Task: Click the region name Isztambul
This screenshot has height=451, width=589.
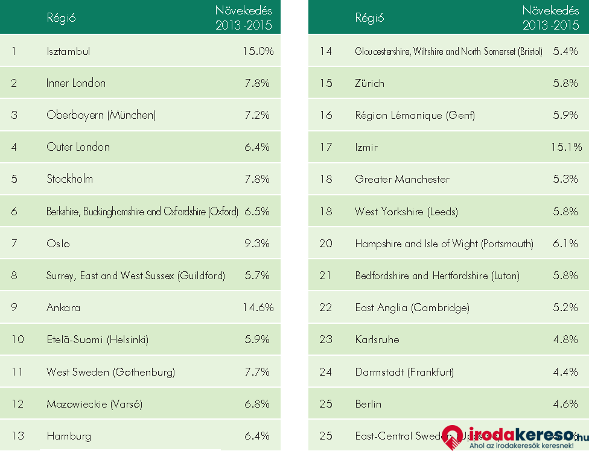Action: tap(68, 51)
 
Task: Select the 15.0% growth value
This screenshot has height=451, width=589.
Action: tap(258, 51)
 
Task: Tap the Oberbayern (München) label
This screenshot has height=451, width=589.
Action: tap(101, 115)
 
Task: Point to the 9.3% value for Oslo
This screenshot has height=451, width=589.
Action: tap(257, 244)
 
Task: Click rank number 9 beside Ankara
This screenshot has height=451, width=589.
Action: tap(14, 307)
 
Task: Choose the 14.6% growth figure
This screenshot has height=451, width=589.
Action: tap(258, 307)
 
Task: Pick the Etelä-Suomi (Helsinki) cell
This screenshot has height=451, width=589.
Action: tap(97, 339)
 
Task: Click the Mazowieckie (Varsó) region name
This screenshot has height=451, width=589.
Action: tap(94, 404)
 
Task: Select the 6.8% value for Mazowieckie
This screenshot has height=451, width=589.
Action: tap(257, 404)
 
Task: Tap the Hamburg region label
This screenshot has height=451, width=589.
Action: tap(69, 436)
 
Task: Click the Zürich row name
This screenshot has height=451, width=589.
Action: tap(369, 83)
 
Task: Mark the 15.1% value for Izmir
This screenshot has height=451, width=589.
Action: tap(566, 147)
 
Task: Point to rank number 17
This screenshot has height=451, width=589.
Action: tap(326, 147)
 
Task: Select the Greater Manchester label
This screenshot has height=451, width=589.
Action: tap(402, 179)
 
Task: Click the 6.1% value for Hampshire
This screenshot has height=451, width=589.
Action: tap(565, 244)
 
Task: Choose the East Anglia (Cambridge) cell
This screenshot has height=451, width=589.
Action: tap(412, 307)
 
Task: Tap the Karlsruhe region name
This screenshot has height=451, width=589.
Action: tap(377, 339)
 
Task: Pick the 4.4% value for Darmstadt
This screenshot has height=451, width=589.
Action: tap(565, 372)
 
